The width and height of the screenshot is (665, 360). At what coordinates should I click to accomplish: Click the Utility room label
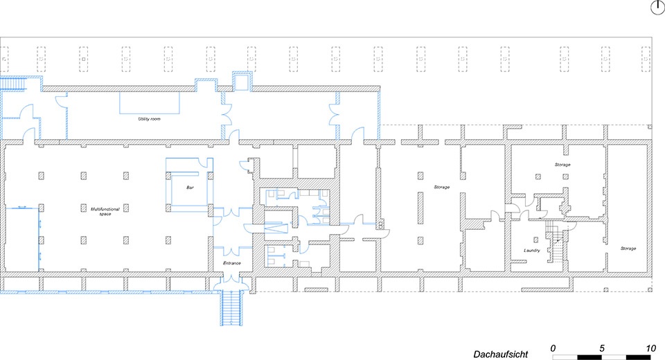point(149,119)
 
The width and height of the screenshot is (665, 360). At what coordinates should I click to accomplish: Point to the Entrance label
point(231,263)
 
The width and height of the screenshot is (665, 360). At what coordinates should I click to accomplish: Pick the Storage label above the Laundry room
point(562,165)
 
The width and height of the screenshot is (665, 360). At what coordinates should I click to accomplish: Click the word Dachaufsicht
point(500,353)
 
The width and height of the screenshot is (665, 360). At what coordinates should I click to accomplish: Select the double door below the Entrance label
point(227,280)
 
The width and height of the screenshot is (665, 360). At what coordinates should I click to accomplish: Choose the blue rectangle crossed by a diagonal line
point(276,226)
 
